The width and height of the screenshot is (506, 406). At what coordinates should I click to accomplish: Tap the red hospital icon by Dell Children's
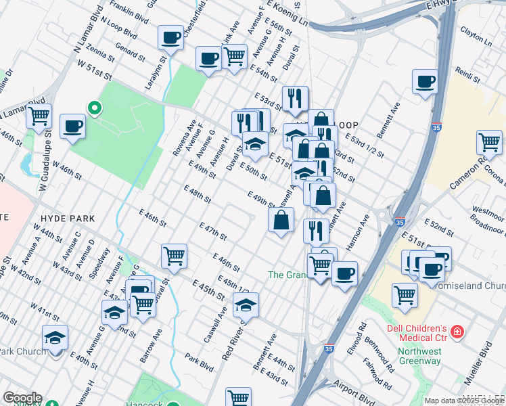tap(458, 332)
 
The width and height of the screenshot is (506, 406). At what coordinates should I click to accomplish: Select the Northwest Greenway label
tap(419, 356)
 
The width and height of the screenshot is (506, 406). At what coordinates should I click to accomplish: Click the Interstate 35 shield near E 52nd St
tap(400, 221)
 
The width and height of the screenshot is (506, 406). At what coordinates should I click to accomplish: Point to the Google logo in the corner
tap(22, 398)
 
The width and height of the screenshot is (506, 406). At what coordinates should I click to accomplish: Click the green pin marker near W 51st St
tap(95, 108)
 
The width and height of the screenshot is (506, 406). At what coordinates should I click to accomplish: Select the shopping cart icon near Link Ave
tap(234, 57)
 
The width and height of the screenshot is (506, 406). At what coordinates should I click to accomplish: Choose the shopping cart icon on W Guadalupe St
tap(39, 116)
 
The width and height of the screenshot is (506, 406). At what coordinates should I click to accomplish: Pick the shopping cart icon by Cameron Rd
tap(489, 143)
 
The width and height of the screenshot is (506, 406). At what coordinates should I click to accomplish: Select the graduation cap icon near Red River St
tap(246, 304)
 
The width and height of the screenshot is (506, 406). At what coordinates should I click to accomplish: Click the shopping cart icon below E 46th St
tap(174, 256)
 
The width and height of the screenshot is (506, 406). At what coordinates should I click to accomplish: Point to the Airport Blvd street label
tap(354, 394)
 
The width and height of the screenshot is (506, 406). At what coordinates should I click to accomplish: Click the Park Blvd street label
tap(200, 365)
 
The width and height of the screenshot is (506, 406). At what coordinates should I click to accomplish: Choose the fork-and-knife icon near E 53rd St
tap(294, 98)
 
